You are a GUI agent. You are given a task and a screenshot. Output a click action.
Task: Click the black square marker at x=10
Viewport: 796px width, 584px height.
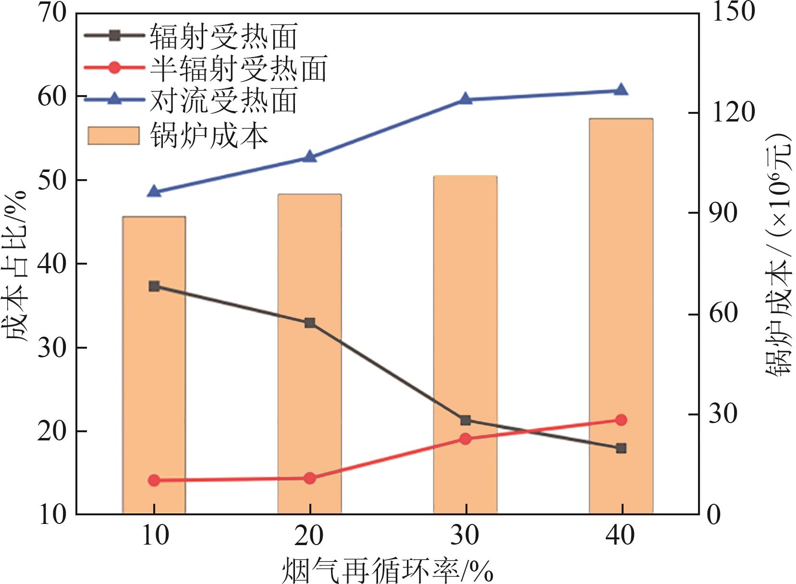coord(154,286)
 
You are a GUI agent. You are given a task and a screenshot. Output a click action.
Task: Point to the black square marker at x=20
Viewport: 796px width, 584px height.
coord(309,323)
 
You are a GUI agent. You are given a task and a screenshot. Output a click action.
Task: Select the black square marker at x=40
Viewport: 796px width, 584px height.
coord(621,448)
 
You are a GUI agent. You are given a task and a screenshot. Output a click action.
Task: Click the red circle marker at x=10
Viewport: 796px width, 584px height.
coord(154,480)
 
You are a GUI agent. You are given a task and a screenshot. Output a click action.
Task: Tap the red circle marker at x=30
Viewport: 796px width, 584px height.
coord(465,438)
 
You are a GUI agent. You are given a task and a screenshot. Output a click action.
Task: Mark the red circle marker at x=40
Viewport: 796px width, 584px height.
coord(621,420)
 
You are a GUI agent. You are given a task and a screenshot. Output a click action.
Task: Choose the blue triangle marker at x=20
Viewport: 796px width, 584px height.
coord(309,157)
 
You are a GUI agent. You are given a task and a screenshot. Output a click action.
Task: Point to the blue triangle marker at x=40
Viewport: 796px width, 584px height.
coord(621,90)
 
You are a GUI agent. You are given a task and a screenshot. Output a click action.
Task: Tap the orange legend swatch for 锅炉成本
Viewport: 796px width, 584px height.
coord(113,135)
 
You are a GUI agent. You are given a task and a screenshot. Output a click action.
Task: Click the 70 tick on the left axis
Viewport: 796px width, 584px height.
coord(52,12)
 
